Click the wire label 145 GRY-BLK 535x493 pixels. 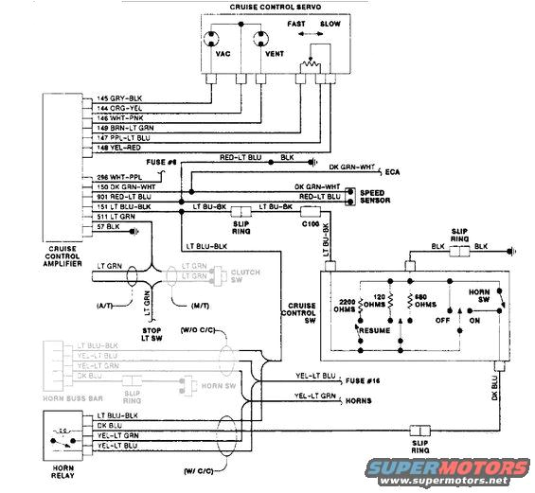(118, 99)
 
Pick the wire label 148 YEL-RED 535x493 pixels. (118, 148)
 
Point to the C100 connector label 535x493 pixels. (310, 224)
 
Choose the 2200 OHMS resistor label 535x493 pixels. (350, 310)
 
